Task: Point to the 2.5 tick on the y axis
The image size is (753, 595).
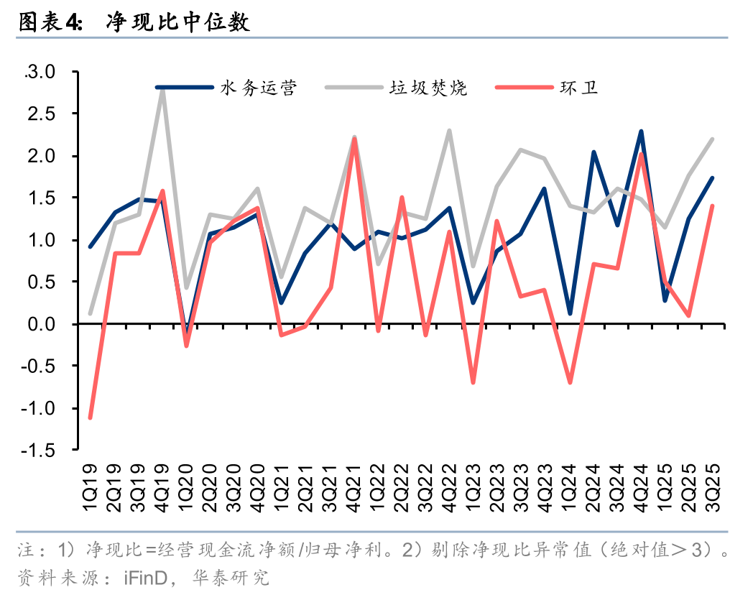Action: (x=41, y=114)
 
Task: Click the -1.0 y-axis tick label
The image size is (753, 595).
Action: (x=38, y=408)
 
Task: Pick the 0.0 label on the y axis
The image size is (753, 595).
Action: (x=41, y=324)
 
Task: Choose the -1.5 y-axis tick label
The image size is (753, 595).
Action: (x=38, y=451)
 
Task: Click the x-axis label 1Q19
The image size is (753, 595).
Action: (x=90, y=487)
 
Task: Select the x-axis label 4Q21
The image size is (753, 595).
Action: (x=354, y=487)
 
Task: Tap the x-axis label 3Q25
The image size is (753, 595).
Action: (x=713, y=487)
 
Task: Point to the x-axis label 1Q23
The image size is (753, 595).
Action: (x=473, y=487)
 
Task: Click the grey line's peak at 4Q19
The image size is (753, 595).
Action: (x=162, y=90)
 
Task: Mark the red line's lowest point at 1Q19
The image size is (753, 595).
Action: (x=90, y=418)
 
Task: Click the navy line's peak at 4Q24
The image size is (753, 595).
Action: (x=641, y=131)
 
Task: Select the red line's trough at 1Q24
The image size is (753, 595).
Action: (x=570, y=383)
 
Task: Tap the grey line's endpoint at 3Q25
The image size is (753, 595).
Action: (x=712, y=139)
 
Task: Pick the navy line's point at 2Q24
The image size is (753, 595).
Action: (x=593, y=152)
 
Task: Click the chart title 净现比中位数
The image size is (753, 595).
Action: (x=177, y=22)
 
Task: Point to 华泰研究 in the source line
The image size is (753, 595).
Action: (x=231, y=578)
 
